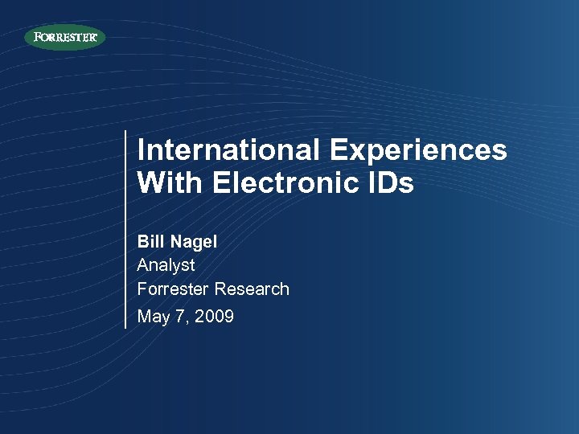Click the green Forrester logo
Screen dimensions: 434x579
[64, 37]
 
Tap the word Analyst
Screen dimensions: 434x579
[166, 265]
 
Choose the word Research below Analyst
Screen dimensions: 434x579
[252, 289]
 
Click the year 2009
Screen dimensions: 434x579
[215, 317]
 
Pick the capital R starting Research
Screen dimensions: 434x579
[220, 289]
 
